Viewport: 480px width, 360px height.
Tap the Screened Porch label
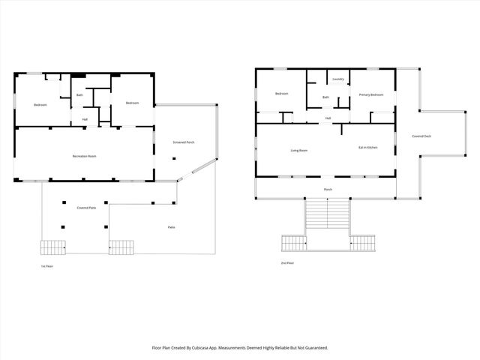pos(184,142)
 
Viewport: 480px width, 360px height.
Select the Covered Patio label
pos(87,207)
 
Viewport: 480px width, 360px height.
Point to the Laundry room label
pos(337,79)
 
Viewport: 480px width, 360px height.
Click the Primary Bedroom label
pos(370,94)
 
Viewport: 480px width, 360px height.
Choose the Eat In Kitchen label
pos(367,148)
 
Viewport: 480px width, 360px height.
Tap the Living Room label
pos(299,151)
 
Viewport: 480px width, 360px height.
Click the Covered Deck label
pos(421,136)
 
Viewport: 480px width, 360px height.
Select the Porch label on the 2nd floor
pos(328,190)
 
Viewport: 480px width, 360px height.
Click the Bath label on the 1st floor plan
pos(80,95)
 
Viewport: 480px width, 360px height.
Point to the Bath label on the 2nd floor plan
pos(325,97)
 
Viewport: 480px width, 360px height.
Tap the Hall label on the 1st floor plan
pos(85,119)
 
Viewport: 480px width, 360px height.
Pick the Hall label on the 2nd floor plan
pos(328,118)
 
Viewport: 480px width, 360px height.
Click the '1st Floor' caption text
pos(47,266)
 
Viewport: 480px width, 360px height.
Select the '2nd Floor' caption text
pos(286,263)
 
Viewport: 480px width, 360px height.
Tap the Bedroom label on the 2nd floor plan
pos(281,94)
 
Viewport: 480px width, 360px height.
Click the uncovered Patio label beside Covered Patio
pos(171,226)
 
